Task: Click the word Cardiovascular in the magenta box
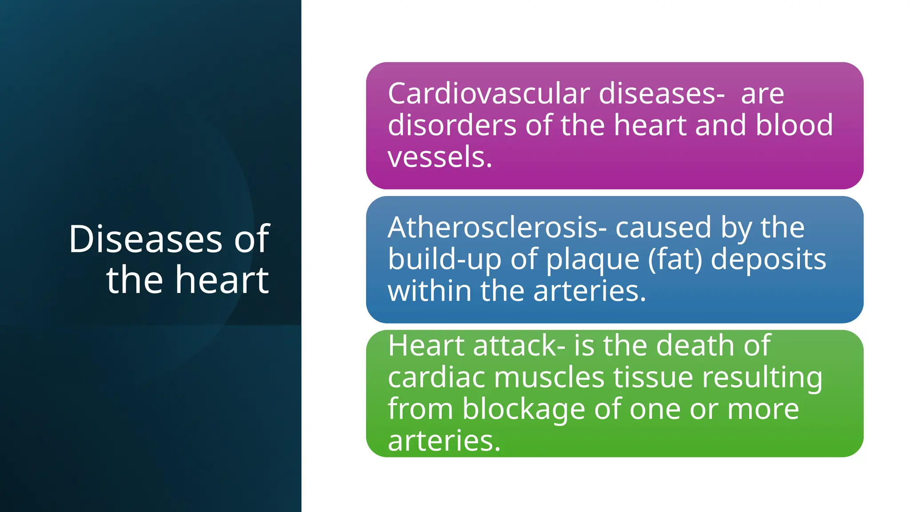point(489,94)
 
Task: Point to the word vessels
point(439,157)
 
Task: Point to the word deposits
point(768,260)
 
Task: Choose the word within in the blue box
point(429,291)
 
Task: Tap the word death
point(695,345)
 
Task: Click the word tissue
point(653,377)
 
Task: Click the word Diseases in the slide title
point(145,240)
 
